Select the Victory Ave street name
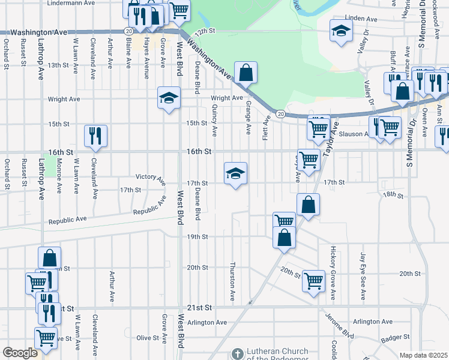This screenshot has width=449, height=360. click(150, 178)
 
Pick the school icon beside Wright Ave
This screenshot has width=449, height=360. click(169, 97)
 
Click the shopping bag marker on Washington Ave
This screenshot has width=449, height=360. click(246, 73)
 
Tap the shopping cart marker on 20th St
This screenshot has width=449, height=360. click(313, 280)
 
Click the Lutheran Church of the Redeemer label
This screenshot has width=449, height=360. click(270, 355)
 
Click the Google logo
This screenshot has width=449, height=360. click(20, 353)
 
